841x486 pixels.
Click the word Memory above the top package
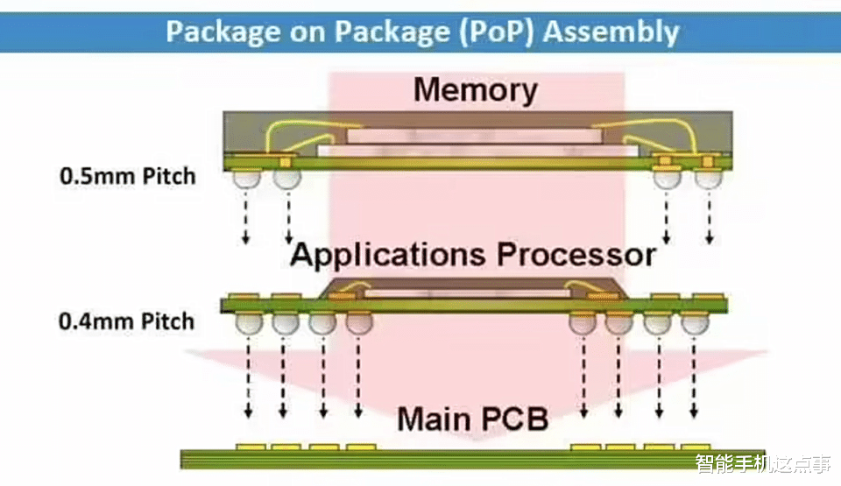tap(475, 90)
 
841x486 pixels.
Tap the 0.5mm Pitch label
tap(127, 175)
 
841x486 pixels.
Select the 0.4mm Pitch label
tap(127, 321)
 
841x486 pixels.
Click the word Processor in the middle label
tap(576, 255)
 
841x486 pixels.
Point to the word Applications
tap(389, 255)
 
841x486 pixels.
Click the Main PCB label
tap(472, 419)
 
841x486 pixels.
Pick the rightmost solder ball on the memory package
tap(708, 179)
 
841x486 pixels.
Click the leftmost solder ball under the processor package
tap(247, 324)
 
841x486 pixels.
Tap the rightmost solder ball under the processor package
tap(695, 324)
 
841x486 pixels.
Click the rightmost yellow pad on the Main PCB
tap(695, 447)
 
